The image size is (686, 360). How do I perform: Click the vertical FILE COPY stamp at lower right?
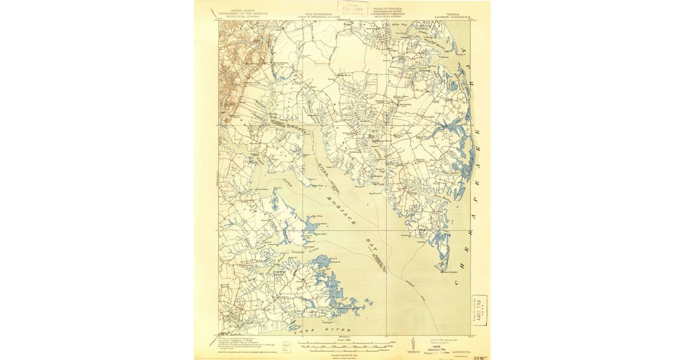click(479, 310)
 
